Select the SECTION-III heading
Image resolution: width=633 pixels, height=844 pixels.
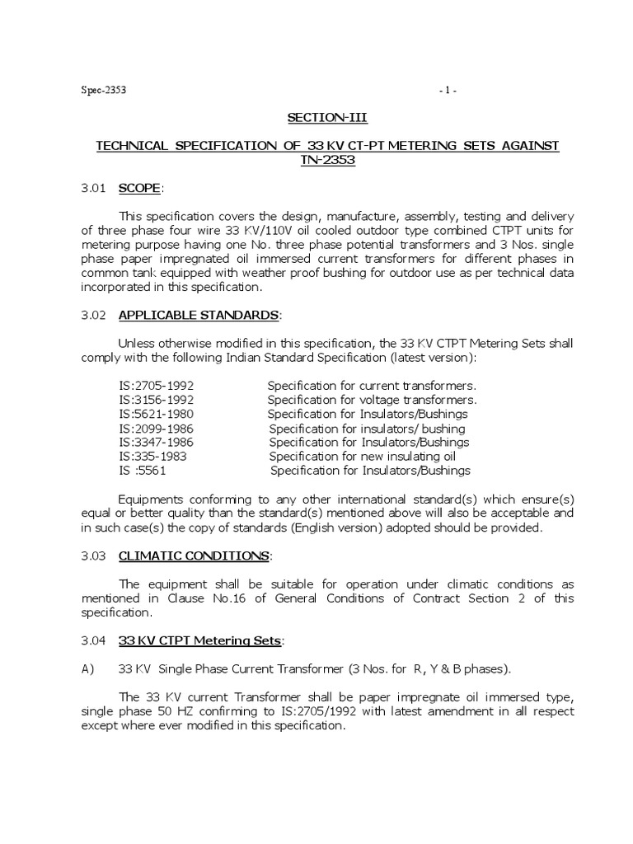328,118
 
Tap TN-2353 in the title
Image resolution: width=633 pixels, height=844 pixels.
327,160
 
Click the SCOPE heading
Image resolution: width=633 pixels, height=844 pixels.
140,188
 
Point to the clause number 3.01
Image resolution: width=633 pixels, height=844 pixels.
92,188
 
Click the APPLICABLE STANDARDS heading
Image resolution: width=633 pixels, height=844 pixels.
199,315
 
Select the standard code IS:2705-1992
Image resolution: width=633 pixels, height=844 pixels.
157,386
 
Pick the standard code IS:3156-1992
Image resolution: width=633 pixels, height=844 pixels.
157,400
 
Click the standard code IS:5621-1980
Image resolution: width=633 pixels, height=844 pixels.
157,414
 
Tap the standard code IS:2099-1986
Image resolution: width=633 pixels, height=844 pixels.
157,429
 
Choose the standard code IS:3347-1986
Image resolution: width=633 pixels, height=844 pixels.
157,443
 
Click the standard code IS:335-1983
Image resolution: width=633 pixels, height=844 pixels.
153,456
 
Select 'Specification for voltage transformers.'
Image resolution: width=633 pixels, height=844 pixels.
373,400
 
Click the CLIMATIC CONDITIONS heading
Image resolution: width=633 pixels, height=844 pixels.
194,556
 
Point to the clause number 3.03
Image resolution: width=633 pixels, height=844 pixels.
92,556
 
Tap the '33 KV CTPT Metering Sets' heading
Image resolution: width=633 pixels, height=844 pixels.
200,640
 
